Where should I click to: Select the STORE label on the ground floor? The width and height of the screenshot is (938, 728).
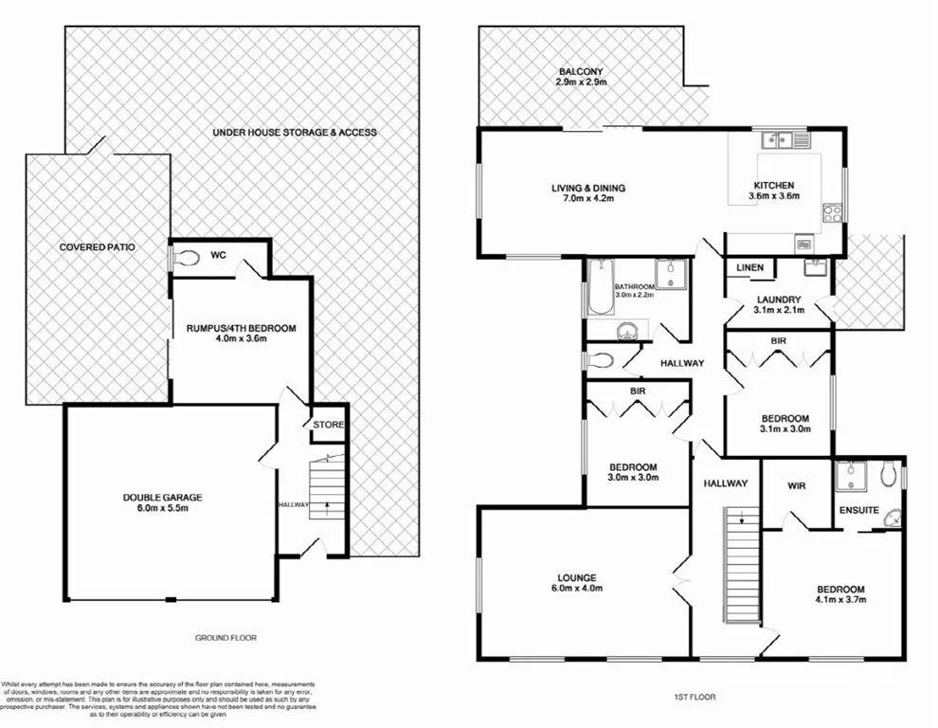328,425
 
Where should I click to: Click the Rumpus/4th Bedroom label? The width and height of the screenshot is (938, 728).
242,335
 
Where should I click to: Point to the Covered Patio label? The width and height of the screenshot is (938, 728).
98,246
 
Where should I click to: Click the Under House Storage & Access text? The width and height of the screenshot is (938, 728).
295,132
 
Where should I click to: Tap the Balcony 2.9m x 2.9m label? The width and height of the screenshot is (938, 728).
580,77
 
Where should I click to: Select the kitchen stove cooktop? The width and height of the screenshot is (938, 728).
833,213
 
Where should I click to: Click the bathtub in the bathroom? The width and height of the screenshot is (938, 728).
598,289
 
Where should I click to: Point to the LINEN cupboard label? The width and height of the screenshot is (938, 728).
749,268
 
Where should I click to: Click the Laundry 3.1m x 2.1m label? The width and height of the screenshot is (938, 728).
779,305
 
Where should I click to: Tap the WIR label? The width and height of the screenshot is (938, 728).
796,487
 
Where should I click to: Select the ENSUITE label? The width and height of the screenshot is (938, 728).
858,511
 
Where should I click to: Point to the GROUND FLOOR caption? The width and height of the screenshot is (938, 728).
225,638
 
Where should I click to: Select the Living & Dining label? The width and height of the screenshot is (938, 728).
588,193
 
